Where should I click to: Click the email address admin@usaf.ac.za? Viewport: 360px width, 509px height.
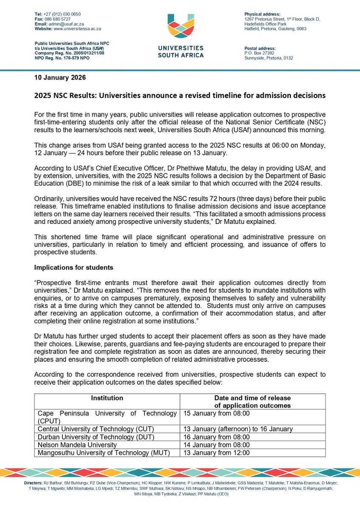pos(65,24)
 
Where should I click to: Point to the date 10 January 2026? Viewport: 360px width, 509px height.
pos(60,78)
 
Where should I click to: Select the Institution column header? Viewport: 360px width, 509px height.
pos(107,398)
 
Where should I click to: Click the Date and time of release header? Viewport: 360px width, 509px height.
pos(253,401)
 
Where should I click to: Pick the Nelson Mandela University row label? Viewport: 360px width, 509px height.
pos(77,445)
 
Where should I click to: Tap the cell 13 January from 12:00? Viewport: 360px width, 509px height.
pos(217,453)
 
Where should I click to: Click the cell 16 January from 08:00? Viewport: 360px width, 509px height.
pos(217,437)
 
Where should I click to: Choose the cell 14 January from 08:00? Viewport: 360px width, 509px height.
pos(217,445)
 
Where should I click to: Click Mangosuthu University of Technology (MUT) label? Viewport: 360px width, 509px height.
pos(104,453)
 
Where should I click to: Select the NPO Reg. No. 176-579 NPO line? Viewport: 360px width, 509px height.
pos(62,58)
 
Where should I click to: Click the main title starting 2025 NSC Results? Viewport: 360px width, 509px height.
pos(180,95)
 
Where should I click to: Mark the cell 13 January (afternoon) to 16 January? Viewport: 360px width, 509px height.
pos(238,429)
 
